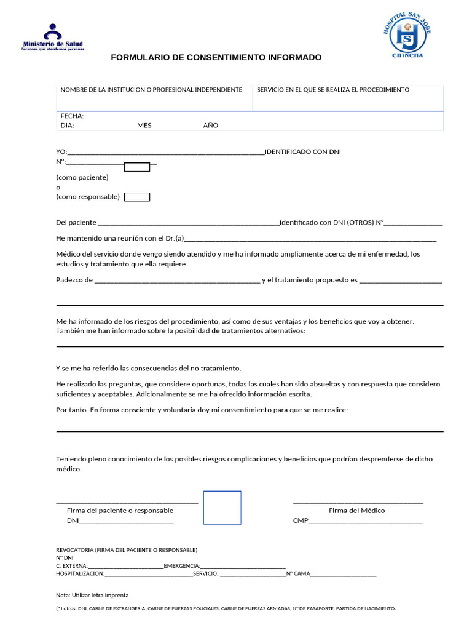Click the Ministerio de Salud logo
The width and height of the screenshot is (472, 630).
tap(53, 38)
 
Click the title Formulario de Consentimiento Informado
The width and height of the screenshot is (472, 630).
tap(216, 57)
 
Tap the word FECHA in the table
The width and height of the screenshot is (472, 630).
tap(72, 116)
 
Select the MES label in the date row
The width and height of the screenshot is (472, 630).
tap(144, 125)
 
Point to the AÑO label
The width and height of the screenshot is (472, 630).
tap(210, 125)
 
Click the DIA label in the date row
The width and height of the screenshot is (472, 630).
tap(67, 125)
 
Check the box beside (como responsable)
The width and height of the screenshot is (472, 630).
tap(137, 197)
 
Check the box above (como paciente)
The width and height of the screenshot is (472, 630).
tap(137, 167)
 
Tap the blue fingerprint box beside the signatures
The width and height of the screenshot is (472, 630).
tap(222, 508)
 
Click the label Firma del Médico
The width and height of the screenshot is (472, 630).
tap(357, 511)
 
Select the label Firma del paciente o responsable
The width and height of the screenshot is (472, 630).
tap(120, 511)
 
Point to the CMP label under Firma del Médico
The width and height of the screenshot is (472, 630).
tap(300, 521)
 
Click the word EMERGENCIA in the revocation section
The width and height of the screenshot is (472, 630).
tap(182, 566)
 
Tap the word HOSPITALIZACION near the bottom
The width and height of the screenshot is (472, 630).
tap(80, 574)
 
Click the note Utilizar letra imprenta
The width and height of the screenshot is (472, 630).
tap(92, 596)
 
